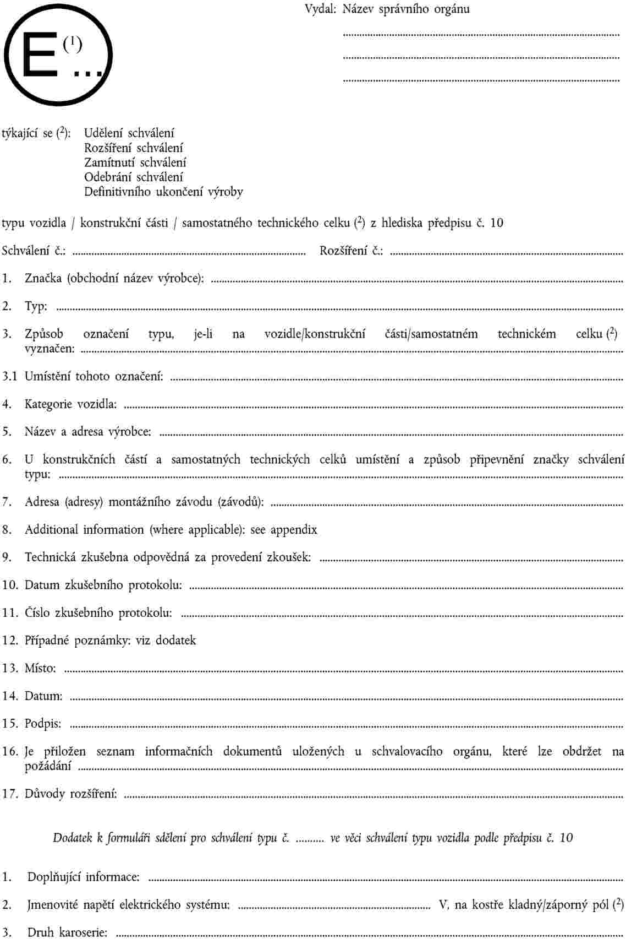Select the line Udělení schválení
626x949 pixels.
coord(129,133)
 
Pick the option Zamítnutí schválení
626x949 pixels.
coord(135,162)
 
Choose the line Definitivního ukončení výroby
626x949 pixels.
coord(163,192)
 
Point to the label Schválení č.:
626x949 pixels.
coord(34,251)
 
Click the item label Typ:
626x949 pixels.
coord(36,307)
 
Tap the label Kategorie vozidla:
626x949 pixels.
coord(70,404)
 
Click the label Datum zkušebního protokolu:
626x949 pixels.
coord(103,585)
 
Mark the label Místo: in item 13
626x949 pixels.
coord(40,669)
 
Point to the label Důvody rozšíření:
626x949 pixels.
coord(70,794)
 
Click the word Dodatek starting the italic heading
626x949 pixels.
coord(72,838)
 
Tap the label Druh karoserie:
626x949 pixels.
coord(67,932)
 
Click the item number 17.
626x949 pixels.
coord(10,794)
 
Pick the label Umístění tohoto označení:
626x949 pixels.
coord(94,377)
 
